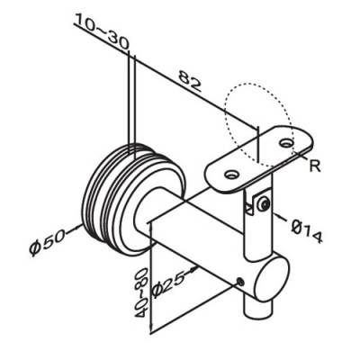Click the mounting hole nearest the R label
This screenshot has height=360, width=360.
(x=285, y=142)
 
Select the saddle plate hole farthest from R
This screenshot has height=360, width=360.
(x=231, y=175)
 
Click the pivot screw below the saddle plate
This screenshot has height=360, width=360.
(x=261, y=205)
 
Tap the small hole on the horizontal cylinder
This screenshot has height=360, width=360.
(x=240, y=283)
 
